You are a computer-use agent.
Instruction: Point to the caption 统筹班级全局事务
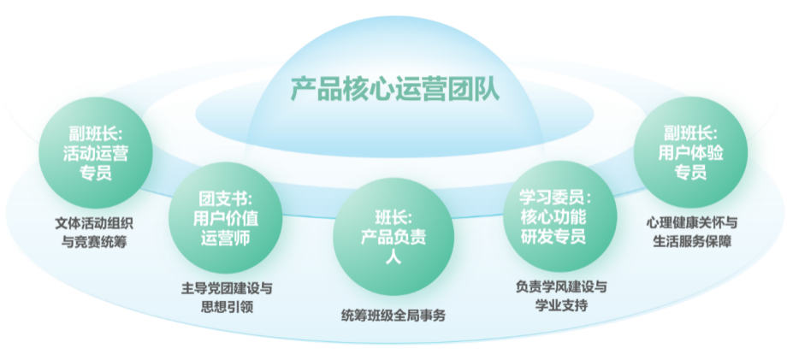pyautogui.click(x=393, y=316)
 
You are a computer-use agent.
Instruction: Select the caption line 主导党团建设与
pyautogui.click(x=228, y=288)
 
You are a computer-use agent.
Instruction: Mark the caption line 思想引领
pyautogui.click(x=228, y=307)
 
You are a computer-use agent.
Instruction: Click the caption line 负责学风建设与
pyautogui.click(x=561, y=286)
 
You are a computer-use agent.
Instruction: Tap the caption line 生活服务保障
pyautogui.click(x=691, y=241)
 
